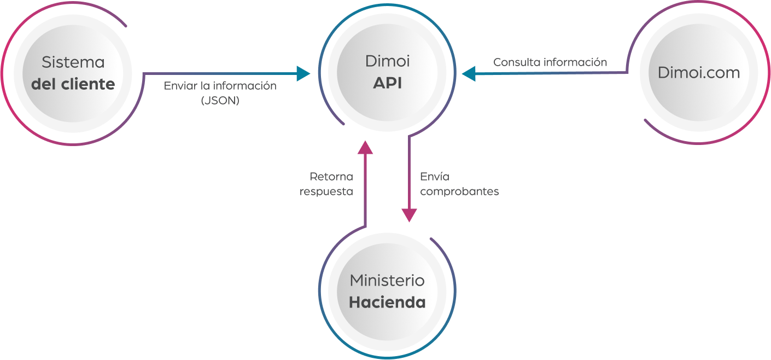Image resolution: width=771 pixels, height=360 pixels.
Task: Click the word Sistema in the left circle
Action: pos(73,62)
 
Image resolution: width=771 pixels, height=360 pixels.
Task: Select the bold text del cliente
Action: pos(73,84)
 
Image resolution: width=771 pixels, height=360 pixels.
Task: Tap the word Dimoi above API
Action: pos(387,61)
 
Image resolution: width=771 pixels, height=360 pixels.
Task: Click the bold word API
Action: pos(387,83)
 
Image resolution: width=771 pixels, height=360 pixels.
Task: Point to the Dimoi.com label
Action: pos(699,72)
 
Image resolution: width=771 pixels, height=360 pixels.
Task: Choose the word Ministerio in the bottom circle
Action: pos(387,281)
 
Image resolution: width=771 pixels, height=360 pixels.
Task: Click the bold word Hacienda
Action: pos(387,303)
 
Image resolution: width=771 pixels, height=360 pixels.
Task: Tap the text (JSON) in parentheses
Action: pos(220,100)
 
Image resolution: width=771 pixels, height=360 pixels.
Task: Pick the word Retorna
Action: pos(331,177)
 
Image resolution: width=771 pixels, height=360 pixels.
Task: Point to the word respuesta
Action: pos(326,192)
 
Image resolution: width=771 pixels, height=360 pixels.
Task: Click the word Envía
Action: pos(435,177)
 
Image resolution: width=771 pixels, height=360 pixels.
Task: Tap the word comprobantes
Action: pos(459,192)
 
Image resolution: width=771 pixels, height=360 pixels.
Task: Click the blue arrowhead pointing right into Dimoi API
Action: pos(303,73)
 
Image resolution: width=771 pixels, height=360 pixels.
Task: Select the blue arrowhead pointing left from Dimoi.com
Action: pos(469,73)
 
